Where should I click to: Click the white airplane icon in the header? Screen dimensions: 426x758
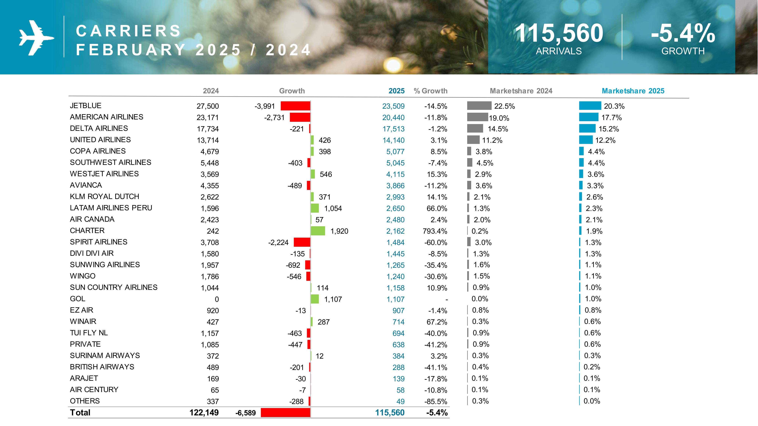(36, 38)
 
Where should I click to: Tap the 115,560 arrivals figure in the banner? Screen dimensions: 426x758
(558, 33)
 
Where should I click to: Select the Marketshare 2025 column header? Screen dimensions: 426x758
(633, 91)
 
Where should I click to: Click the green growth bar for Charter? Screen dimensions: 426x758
(318, 231)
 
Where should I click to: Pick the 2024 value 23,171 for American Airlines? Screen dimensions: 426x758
(208, 118)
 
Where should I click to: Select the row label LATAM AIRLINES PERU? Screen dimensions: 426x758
(111, 208)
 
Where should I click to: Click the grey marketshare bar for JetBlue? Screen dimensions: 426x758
(479, 105)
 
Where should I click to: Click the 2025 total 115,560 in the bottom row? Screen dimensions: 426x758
(390, 413)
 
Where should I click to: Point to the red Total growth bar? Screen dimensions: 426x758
(285, 413)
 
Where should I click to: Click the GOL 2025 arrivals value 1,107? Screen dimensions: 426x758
(395, 299)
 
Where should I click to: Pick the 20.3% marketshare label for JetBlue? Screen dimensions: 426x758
(614, 106)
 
